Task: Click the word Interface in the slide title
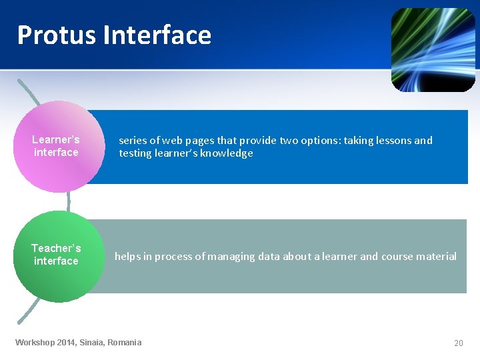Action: coord(157,35)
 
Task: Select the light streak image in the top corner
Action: coord(433,49)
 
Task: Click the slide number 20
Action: coord(458,343)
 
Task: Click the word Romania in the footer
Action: coord(124,343)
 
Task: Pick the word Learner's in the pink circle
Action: coord(56,139)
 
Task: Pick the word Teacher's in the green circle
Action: coord(56,248)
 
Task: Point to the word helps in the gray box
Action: coord(127,257)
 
